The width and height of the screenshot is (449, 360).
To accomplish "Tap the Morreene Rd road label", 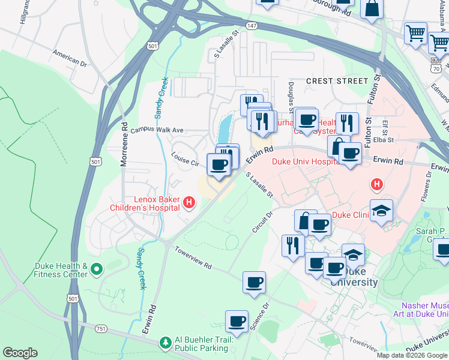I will point(125,145).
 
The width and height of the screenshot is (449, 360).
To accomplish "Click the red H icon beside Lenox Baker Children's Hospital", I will point(189,203).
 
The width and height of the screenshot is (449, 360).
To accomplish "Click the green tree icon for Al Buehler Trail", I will point(166,343).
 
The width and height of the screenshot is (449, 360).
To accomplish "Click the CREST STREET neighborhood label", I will point(337,80).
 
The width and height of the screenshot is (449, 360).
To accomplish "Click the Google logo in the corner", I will point(20,353).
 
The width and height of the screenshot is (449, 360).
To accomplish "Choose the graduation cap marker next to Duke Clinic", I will point(381,211).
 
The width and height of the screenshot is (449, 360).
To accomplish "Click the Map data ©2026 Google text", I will point(412,355).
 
